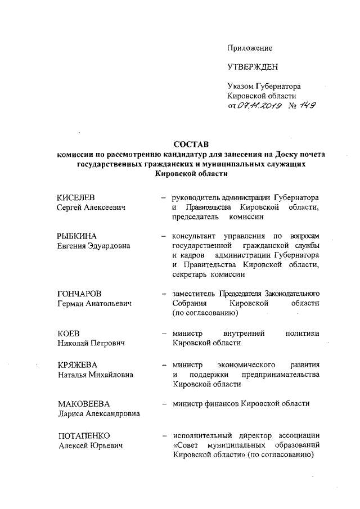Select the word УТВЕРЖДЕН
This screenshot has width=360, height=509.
(x=253, y=67)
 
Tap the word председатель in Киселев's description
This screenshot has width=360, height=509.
(x=196, y=217)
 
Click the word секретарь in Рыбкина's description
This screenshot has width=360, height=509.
(x=191, y=274)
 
